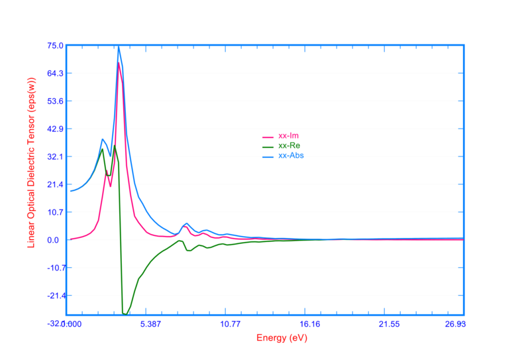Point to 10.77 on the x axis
click(x=230, y=324)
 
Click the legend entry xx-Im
click(x=288, y=137)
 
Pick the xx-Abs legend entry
click(x=291, y=155)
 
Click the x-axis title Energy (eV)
click(x=282, y=337)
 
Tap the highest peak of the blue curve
click(x=119, y=46)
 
